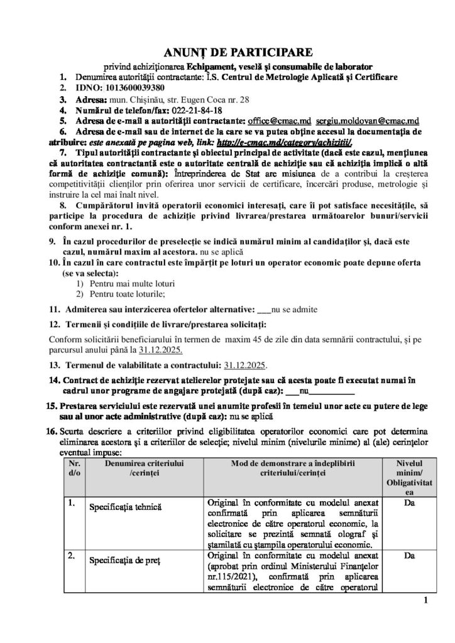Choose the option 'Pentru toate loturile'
(125, 294)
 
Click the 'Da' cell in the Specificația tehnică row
(410, 502)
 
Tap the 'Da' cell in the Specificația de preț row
(410, 555)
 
